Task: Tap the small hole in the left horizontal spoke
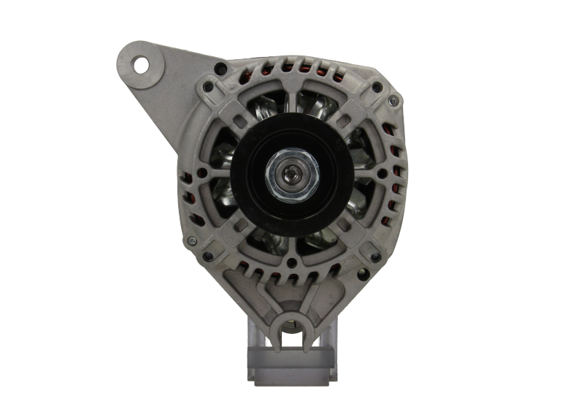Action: point(206,175)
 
